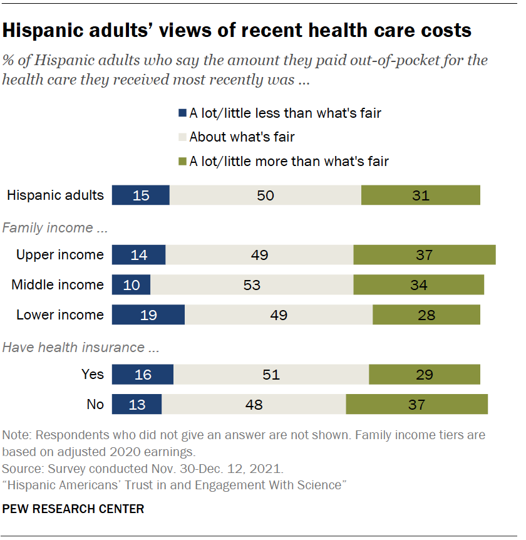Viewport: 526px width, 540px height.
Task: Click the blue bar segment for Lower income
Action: pos(148,314)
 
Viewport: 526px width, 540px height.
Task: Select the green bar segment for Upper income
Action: pos(425,255)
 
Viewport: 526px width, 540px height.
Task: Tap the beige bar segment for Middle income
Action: pos(252,285)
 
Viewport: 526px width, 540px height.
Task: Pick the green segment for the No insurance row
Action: pos(417,404)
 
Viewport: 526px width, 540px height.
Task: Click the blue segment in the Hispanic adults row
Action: pos(141,195)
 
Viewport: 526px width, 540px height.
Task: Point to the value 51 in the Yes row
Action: pos(271,375)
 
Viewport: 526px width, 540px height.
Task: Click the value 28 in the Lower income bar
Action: pos(426,314)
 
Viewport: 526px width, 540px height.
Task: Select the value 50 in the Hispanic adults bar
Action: pos(266,195)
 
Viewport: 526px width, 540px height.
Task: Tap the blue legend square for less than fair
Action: pos(183,113)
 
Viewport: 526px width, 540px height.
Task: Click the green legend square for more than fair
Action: pos(183,161)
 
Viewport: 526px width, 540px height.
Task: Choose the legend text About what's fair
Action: pos(242,137)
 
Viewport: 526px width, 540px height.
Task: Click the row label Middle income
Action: pos(58,285)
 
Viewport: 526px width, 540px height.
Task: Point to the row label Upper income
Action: pos(60,255)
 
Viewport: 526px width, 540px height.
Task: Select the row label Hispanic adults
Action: pos(55,195)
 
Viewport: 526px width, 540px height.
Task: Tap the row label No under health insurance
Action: pos(95,404)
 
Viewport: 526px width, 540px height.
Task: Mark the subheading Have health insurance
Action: pos(73,348)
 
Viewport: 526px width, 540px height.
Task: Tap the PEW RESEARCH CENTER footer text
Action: pos(73,509)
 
